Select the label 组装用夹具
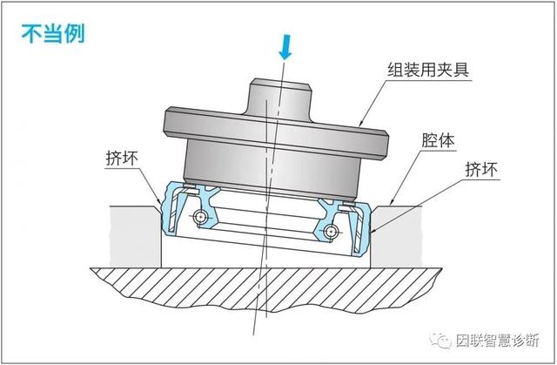point(427,69)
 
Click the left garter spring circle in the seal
point(202,215)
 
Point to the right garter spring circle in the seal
point(332,232)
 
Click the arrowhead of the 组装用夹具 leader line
point(359,128)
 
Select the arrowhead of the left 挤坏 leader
point(159,205)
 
